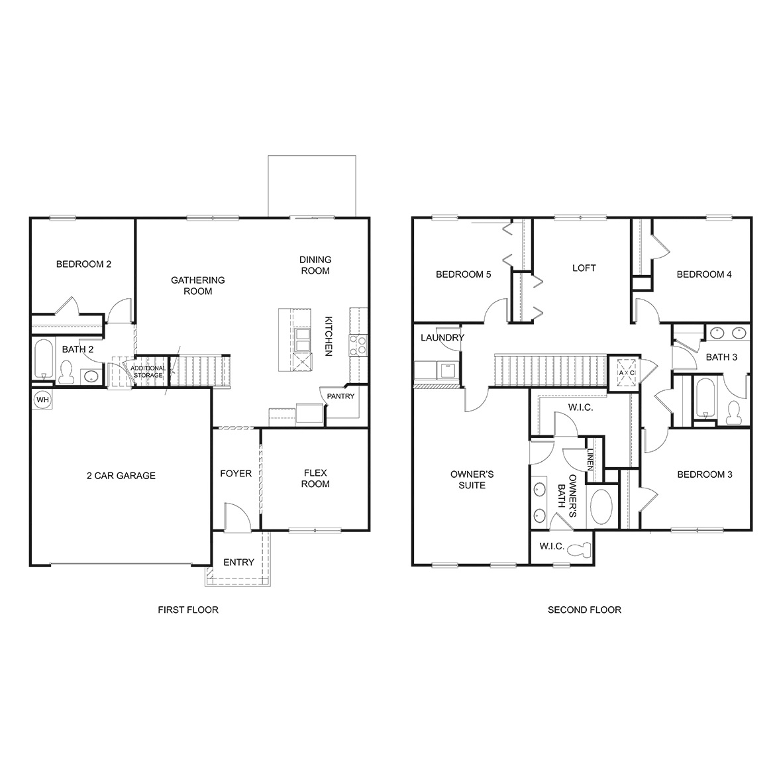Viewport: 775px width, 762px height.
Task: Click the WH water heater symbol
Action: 42,400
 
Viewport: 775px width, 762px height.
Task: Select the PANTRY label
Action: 340,396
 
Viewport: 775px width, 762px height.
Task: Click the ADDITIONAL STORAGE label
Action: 148,372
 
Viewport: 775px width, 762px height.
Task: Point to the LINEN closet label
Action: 590,459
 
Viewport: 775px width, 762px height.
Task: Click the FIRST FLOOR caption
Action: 187,610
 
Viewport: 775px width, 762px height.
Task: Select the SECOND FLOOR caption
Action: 584,610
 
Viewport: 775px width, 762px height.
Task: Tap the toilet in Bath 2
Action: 66,373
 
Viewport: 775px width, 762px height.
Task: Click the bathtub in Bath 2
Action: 42,358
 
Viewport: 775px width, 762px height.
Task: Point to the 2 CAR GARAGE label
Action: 121,475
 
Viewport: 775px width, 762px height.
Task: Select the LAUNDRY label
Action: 442,337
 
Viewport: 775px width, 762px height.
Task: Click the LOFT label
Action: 584,268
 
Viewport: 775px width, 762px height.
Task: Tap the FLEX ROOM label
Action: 315,478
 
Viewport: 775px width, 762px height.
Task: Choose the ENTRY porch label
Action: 238,562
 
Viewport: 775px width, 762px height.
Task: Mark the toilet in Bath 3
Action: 733,412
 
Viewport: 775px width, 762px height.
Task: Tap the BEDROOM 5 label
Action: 463,274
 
